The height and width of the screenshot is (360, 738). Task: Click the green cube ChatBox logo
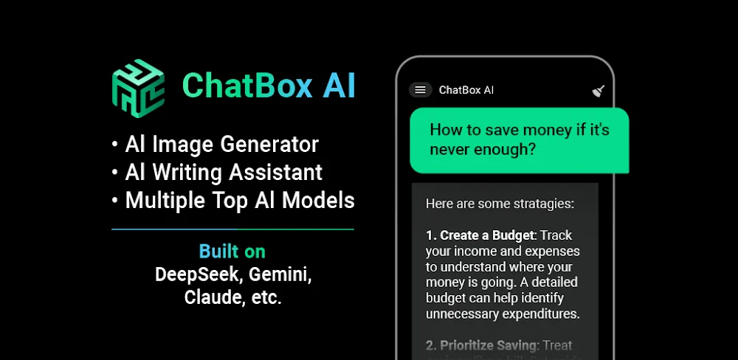pyautogui.click(x=138, y=87)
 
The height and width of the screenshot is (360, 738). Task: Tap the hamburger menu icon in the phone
pyautogui.click(x=420, y=90)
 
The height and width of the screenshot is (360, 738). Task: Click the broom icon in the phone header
pyautogui.click(x=599, y=91)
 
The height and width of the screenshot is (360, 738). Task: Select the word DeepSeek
pyautogui.click(x=197, y=274)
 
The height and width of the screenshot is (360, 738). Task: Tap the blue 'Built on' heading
pyautogui.click(x=232, y=251)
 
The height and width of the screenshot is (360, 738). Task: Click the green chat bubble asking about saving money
pyautogui.click(x=519, y=139)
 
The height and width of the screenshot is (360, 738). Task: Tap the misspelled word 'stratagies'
pyautogui.click(x=539, y=204)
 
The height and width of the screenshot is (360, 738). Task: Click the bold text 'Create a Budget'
pyautogui.click(x=486, y=235)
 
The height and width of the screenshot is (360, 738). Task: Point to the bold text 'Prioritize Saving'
pyautogui.click(x=488, y=345)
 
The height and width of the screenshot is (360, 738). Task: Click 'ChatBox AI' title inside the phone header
pyautogui.click(x=466, y=90)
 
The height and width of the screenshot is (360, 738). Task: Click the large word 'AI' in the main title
pyautogui.click(x=339, y=86)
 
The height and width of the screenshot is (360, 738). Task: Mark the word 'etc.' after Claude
pyautogui.click(x=266, y=298)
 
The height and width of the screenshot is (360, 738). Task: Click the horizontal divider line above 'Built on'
pyautogui.click(x=232, y=229)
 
